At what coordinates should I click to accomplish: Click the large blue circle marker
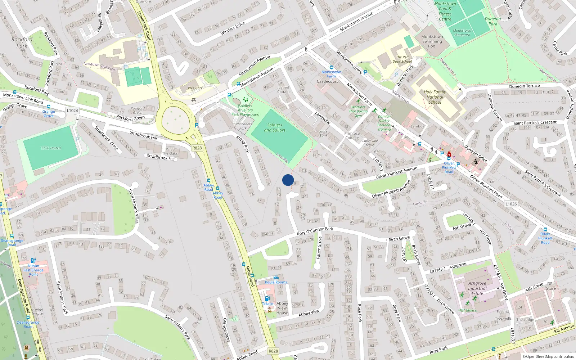point(288,180)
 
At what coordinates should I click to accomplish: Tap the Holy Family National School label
point(435,97)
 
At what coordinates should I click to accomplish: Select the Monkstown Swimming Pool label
point(432,41)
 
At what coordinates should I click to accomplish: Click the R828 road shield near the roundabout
point(197,148)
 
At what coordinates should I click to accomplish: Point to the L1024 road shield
point(72,111)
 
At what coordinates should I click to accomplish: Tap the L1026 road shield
point(511,204)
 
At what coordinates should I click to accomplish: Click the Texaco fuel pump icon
point(267,298)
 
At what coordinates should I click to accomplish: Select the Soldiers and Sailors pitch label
point(275,127)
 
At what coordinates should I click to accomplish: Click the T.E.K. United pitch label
point(51,148)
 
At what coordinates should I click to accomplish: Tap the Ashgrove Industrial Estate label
point(477,288)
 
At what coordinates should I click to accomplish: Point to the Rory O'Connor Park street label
point(315,231)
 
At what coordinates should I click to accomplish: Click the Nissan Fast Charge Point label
point(33,270)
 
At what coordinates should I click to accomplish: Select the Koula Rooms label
point(276,282)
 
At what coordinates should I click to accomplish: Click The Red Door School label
point(402,59)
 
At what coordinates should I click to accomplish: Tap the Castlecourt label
point(327,81)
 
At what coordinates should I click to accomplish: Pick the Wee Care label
point(195,88)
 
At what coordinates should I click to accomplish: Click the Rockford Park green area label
point(22,42)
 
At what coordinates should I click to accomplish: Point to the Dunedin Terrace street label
point(524,86)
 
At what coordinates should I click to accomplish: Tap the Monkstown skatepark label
point(462,33)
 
